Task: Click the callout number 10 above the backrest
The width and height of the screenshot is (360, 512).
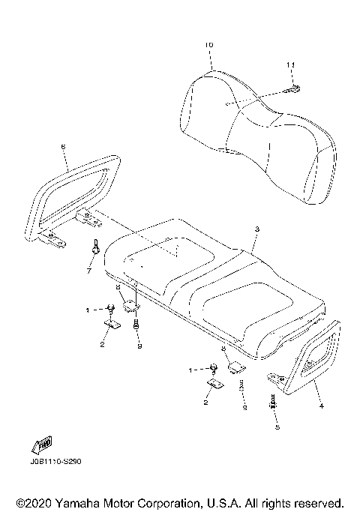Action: [x=208, y=46]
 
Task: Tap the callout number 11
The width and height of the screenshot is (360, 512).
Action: [x=289, y=67]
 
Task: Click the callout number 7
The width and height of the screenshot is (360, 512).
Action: [x=88, y=271]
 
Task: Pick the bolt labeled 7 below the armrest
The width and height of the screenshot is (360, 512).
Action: [x=97, y=247]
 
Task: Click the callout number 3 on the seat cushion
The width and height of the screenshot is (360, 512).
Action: [x=256, y=229]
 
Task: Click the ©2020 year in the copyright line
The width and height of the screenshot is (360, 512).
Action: [x=31, y=502]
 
